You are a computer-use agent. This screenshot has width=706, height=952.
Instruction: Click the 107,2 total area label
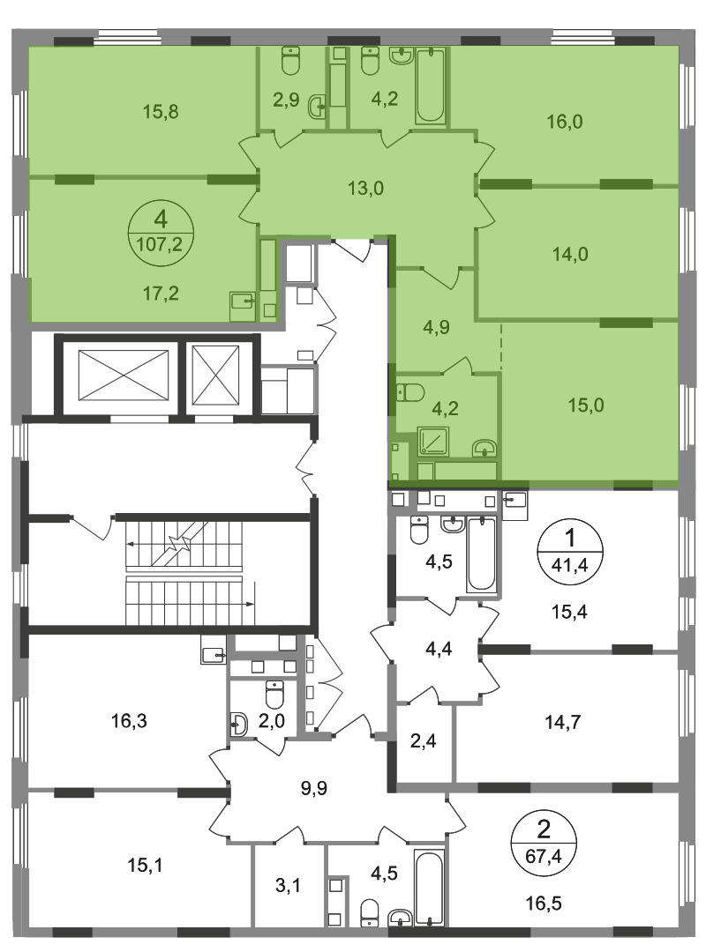pyautogui.click(x=160, y=244)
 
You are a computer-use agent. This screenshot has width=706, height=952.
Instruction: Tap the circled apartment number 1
pyautogui.click(x=569, y=538)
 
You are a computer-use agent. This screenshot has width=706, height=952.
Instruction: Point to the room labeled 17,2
pyautogui.click(x=161, y=294)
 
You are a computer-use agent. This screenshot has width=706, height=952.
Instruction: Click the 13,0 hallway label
pyautogui.click(x=365, y=189)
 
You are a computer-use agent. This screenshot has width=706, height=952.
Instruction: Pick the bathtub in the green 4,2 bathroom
pyautogui.click(x=431, y=86)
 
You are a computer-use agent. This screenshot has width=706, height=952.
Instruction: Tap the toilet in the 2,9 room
pyautogui.click(x=291, y=61)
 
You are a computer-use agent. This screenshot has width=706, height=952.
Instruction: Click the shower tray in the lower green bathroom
pyautogui.click(x=433, y=442)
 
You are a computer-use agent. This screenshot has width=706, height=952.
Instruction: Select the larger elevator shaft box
pyautogui.click(x=124, y=376)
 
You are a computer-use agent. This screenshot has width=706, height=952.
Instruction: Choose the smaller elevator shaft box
pyautogui.click(x=216, y=376)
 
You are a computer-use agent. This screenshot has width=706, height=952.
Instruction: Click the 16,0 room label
pyautogui.click(x=564, y=122)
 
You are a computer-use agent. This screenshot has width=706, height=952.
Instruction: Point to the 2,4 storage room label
pyautogui.click(x=424, y=740)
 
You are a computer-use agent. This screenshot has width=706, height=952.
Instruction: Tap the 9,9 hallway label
pyautogui.click(x=314, y=788)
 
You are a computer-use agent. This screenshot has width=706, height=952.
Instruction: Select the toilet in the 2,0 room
pyautogui.click(x=274, y=695)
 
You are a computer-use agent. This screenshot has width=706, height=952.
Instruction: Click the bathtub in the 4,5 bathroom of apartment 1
pyautogui.click(x=481, y=554)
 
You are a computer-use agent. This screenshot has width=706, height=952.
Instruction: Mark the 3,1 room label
pyautogui.click(x=288, y=886)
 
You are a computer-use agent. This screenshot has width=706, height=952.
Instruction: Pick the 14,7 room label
pyautogui.click(x=562, y=723)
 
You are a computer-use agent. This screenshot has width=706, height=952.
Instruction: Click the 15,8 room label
pyautogui.click(x=161, y=112)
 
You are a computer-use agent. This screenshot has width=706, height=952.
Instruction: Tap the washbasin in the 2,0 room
pyautogui.click(x=239, y=724)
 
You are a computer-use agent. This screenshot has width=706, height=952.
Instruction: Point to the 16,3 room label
pyautogui.click(x=129, y=721)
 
